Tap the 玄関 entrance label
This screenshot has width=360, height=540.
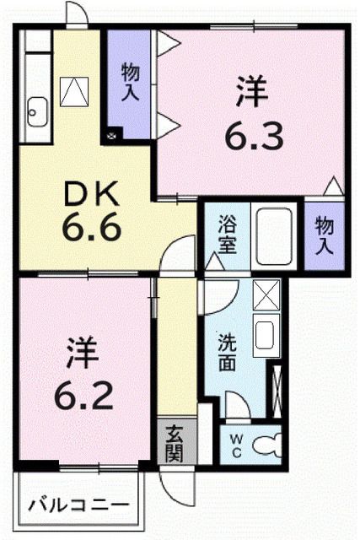coord(175,442)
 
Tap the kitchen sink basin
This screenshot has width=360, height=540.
coord(38,110)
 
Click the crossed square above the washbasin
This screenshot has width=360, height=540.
coord(266,294)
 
